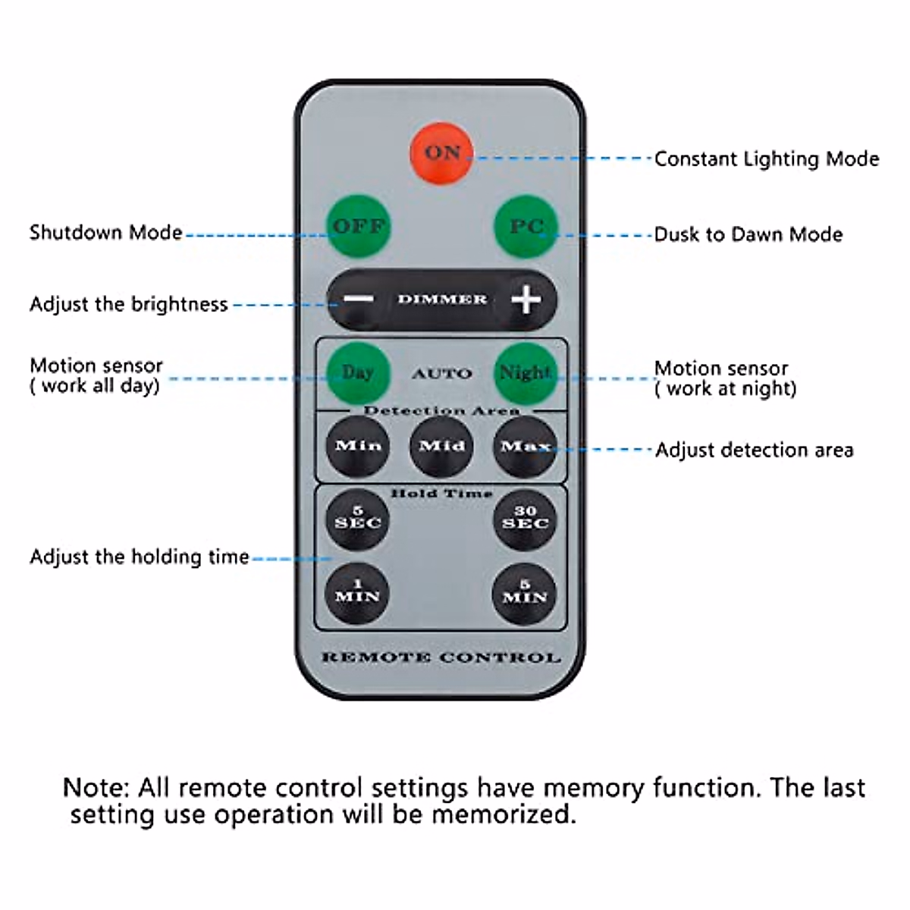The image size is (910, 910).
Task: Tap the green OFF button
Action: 359,226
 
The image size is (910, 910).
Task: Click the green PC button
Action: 526,227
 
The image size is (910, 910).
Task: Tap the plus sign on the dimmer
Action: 526,300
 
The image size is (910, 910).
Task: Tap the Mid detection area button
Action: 441,446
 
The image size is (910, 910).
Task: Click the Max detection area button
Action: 525,447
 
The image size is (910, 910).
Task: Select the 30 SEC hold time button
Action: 525,519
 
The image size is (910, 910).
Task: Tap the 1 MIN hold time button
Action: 357,593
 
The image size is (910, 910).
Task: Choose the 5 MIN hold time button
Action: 524,594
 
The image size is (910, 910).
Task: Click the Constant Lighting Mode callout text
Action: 767,159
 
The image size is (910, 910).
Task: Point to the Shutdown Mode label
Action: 105,233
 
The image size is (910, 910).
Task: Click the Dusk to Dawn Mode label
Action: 748,234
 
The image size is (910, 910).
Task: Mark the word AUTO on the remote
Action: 441,374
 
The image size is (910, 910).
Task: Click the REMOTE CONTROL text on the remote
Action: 441,657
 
